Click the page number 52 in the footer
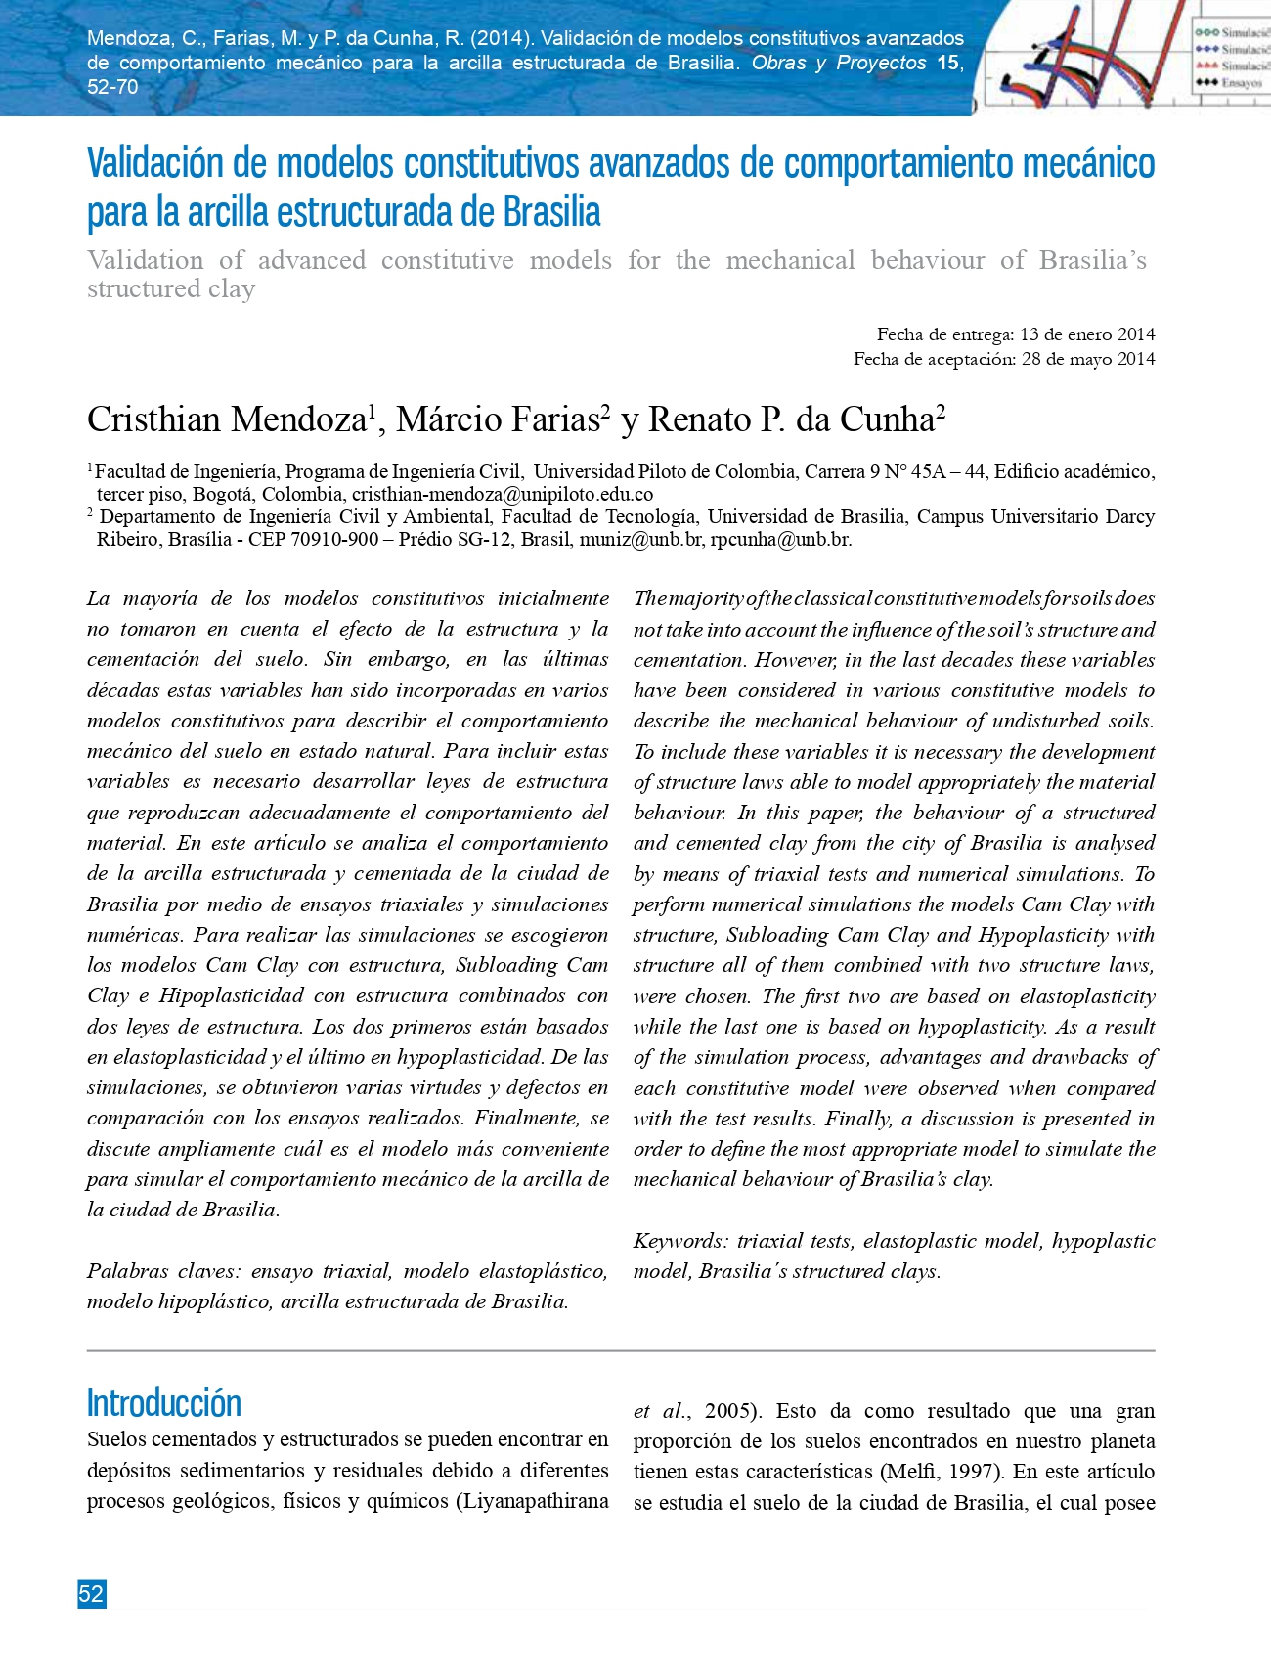tap(91, 1594)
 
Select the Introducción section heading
tap(164, 1403)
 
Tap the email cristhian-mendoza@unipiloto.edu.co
tap(503, 494)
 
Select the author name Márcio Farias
tap(498, 419)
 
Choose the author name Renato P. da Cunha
tap(792, 419)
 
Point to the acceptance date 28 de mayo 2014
tap(1088, 359)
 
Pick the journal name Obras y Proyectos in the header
tap(839, 63)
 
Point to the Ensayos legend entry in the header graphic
tap(1240, 83)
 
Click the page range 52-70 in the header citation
tap(113, 87)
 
